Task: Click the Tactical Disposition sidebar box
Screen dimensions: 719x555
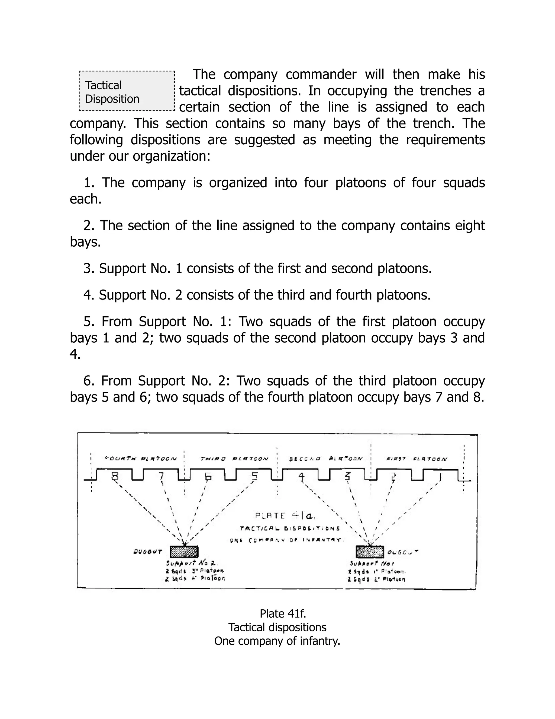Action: [x=127, y=91]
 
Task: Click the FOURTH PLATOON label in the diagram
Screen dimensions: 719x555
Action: [x=141, y=459]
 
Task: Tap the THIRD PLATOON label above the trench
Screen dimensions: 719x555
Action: [x=234, y=459]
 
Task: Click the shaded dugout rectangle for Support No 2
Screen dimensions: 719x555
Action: [x=184, y=551]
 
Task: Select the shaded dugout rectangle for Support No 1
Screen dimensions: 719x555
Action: [x=370, y=551]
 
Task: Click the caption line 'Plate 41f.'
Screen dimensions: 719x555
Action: [x=277, y=614]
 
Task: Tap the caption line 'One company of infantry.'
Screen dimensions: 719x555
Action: [x=277, y=641]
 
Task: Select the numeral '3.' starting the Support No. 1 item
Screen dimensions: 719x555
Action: [x=89, y=269]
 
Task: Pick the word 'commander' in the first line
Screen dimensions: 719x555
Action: [x=321, y=75]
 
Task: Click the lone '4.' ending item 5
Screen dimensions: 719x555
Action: [x=75, y=355]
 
